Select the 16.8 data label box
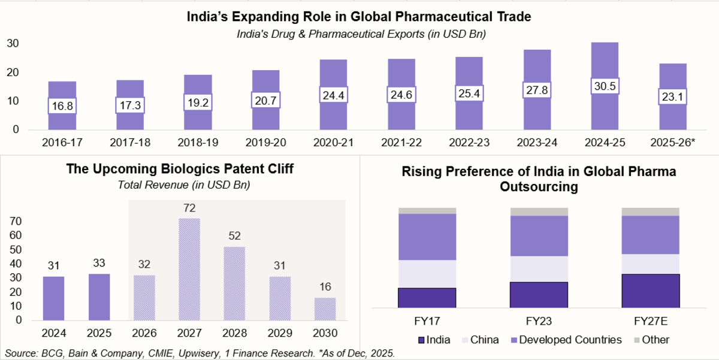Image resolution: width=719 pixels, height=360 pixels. coord(62,105)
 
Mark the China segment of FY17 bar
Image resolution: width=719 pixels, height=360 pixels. coord(427,274)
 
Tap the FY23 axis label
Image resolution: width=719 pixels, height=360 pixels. coord(539,320)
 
